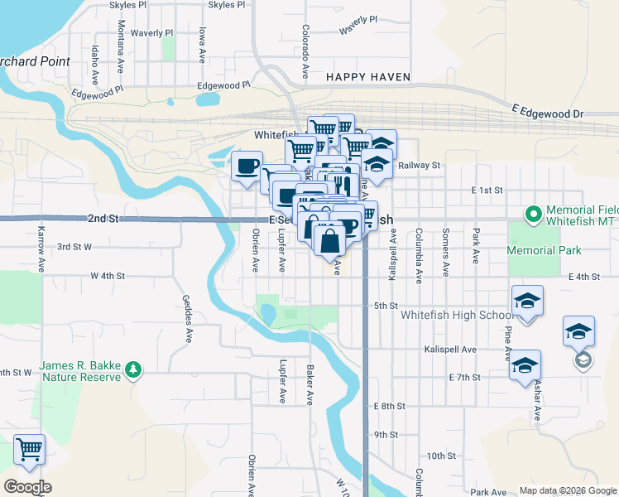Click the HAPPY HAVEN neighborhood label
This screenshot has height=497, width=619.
tap(367, 77)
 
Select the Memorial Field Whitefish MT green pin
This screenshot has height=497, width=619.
tap(534, 215)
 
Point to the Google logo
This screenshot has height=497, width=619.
tap(27, 487)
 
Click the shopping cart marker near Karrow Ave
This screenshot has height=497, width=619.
tap(30, 450)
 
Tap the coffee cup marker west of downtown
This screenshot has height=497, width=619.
tap(247, 166)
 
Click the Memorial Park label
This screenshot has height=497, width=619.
tap(545, 250)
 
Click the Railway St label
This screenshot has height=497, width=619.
tap(419, 166)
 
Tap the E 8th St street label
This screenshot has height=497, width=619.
tap(389, 406)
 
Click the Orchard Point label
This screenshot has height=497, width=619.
tap(33, 61)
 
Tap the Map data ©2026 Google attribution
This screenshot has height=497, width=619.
tap(566, 490)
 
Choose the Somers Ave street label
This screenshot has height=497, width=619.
tap(446, 253)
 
